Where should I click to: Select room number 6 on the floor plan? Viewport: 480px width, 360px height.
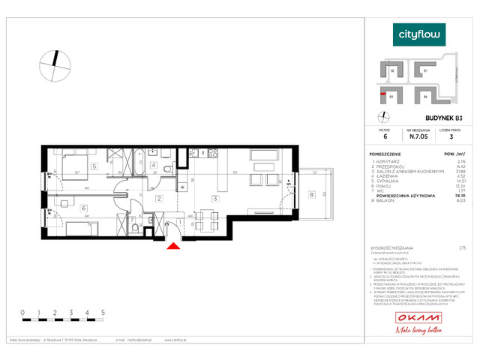point(83,209)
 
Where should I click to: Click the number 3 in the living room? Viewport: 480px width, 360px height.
point(215,199)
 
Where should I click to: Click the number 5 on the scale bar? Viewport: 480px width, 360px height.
point(103,310)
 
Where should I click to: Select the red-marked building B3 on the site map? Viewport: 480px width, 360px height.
point(391,95)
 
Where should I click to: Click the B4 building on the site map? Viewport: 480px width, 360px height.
point(425,96)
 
